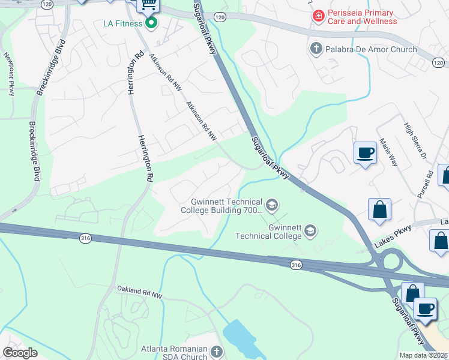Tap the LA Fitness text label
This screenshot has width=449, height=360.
tap(122, 23)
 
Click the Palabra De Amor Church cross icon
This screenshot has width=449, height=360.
tap(316, 49)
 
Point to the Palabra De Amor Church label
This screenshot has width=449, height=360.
tap(370, 49)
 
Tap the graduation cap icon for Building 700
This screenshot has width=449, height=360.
tap(271, 206)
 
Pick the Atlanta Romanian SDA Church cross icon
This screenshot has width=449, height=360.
tap(216, 352)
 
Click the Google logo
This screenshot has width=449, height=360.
tap(20, 353)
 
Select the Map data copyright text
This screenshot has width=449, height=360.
tap(424, 355)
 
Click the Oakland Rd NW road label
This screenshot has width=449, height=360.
tap(139, 293)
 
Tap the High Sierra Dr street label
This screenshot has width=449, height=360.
tap(414, 140)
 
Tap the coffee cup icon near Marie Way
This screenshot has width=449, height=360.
tap(365, 152)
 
